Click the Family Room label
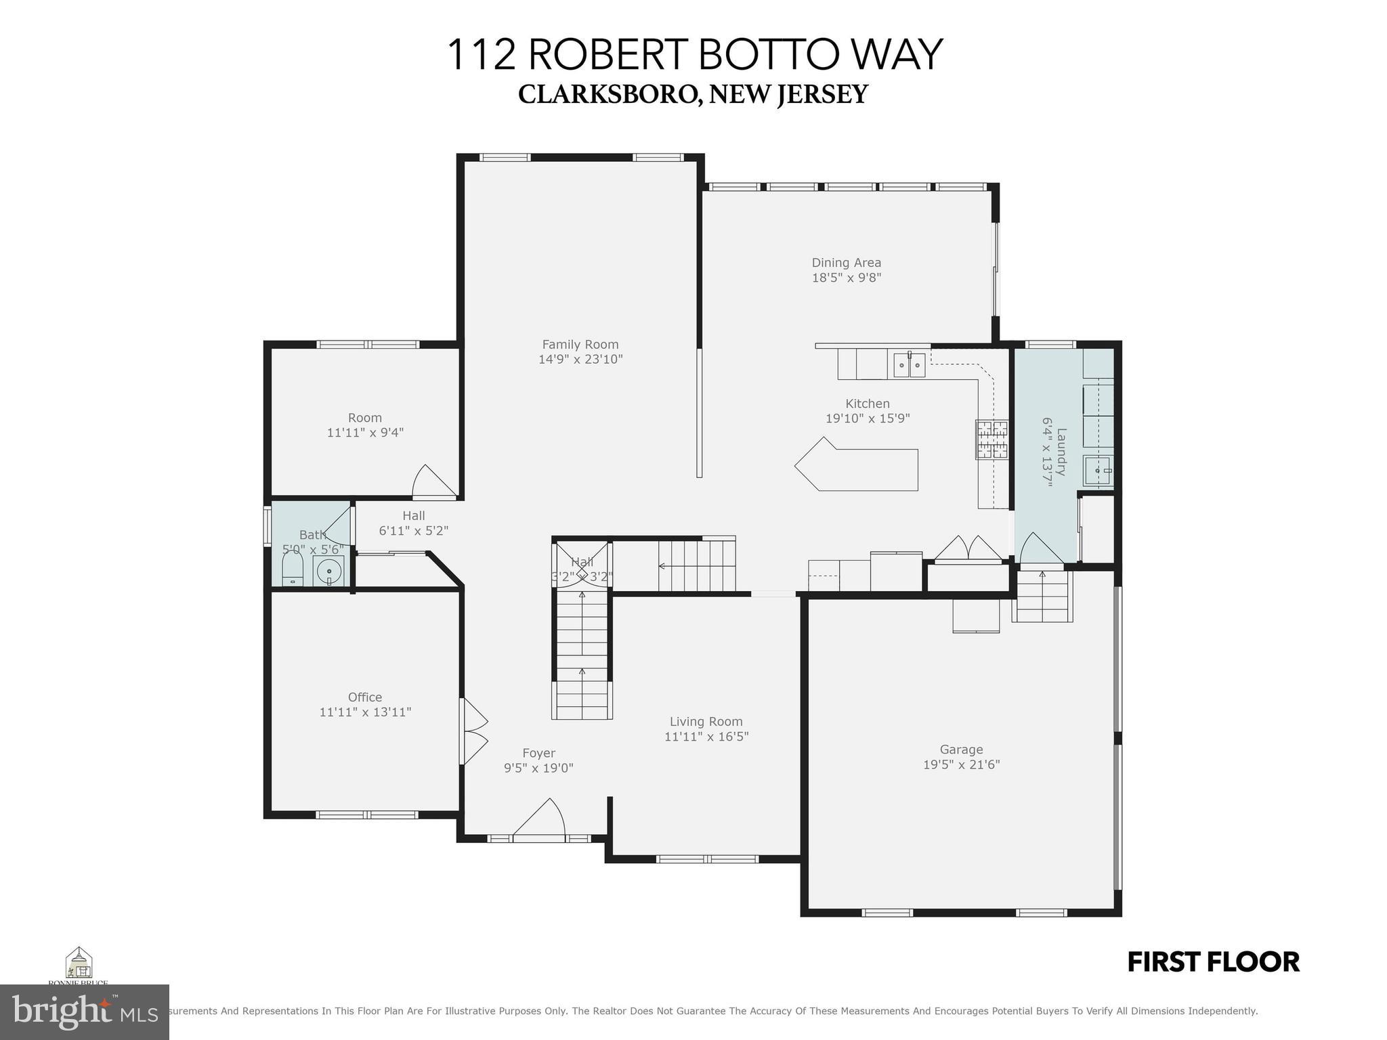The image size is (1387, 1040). click(x=580, y=345)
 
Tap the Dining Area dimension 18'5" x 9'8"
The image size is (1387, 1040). click(x=846, y=278)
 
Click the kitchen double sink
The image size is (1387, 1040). click(x=908, y=366)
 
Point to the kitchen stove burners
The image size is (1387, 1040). click(x=991, y=439)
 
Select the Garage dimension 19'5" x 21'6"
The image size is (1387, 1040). click(x=961, y=764)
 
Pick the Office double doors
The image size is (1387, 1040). click(x=473, y=731)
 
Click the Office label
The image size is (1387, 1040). click(x=365, y=697)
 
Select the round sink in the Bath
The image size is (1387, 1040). click(x=329, y=570)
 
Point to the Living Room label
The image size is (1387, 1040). click(x=706, y=722)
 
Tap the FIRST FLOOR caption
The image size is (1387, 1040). click(x=1213, y=962)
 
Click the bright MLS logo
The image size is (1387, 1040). click(x=84, y=1011)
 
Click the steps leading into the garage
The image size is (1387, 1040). click(x=1042, y=596)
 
